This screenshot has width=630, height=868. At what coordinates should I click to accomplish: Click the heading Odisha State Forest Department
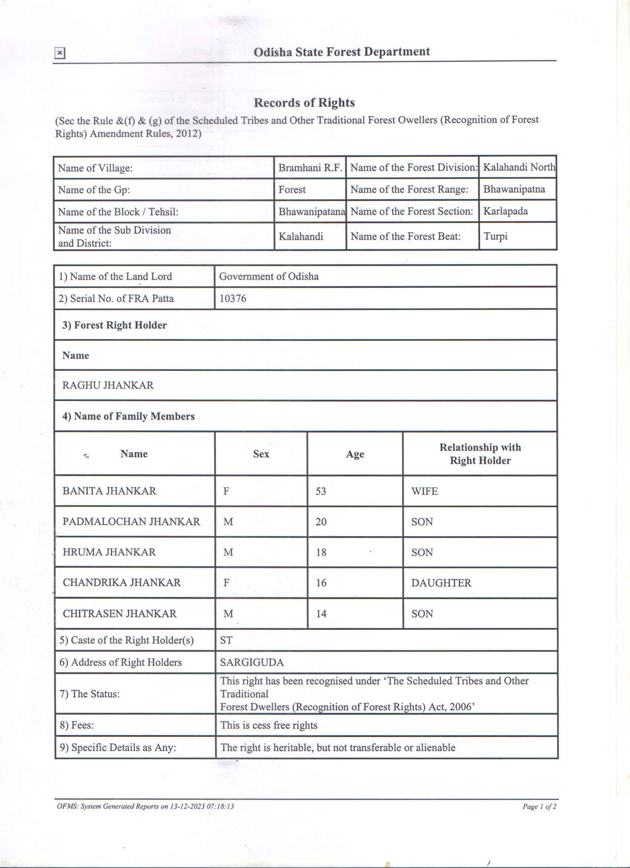[x=341, y=52]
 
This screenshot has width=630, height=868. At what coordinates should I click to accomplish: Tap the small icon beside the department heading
[x=60, y=53]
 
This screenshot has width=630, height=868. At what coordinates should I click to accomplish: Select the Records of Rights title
[x=304, y=103]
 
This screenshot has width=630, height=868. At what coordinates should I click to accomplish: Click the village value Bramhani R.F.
[x=310, y=168]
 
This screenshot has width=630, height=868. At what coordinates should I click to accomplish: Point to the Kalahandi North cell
[x=518, y=167]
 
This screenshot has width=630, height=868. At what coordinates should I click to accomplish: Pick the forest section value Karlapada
[x=505, y=211]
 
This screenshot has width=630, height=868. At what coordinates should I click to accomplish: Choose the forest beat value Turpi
[x=496, y=236]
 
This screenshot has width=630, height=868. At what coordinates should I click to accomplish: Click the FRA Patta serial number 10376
[x=233, y=298]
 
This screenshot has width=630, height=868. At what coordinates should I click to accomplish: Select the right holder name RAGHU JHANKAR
[x=108, y=385]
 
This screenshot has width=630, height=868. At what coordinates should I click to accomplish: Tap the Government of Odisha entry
[x=269, y=276]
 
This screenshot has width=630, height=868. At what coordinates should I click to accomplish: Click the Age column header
[x=355, y=454]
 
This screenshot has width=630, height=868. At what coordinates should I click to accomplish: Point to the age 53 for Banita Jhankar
[x=321, y=491]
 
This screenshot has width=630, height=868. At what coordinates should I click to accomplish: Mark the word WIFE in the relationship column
[x=424, y=491]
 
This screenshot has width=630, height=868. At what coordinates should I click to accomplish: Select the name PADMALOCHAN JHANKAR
[x=131, y=522]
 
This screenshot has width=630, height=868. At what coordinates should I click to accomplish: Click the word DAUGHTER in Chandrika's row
[x=441, y=583]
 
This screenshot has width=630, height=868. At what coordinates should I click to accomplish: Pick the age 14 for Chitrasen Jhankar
[x=321, y=614]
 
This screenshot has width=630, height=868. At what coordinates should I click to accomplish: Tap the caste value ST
[x=226, y=640]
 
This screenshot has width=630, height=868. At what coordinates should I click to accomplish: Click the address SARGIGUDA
[x=252, y=663]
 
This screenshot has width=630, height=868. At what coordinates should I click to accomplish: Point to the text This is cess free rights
[x=269, y=725]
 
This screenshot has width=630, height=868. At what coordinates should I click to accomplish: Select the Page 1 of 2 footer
[x=539, y=806]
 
